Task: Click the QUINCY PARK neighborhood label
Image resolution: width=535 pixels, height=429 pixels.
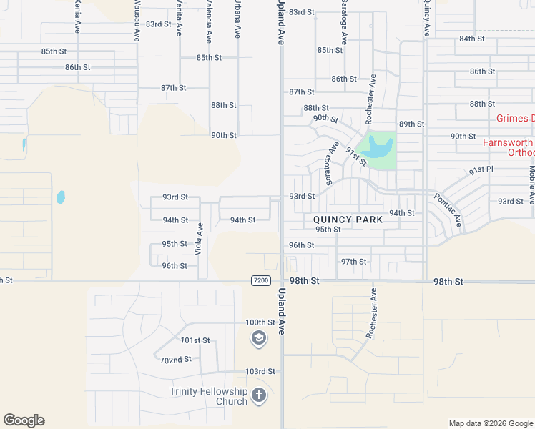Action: click(x=348, y=220)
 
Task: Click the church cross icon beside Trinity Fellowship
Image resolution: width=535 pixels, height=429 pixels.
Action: click(x=259, y=395)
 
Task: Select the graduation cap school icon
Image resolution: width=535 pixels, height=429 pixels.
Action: click(x=259, y=339)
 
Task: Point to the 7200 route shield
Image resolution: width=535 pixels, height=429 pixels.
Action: click(x=261, y=280)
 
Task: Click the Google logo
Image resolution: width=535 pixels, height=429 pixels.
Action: click(x=24, y=420)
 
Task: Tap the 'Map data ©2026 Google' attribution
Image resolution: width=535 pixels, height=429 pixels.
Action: click(x=490, y=423)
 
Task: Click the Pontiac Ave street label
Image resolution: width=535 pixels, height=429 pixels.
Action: click(x=447, y=212)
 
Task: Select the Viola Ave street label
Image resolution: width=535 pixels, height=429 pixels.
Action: click(x=200, y=239)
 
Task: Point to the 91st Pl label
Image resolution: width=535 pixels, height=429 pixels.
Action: click(x=481, y=171)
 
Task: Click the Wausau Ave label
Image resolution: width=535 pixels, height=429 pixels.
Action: click(x=137, y=21)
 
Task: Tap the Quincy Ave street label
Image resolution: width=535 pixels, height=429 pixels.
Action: click(x=426, y=19)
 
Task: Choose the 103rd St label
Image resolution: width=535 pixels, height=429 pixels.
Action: click(x=260, y=371)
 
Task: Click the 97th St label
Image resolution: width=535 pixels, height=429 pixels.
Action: click(x=353, y=262)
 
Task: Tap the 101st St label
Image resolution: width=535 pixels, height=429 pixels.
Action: click(x=195, y=340)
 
